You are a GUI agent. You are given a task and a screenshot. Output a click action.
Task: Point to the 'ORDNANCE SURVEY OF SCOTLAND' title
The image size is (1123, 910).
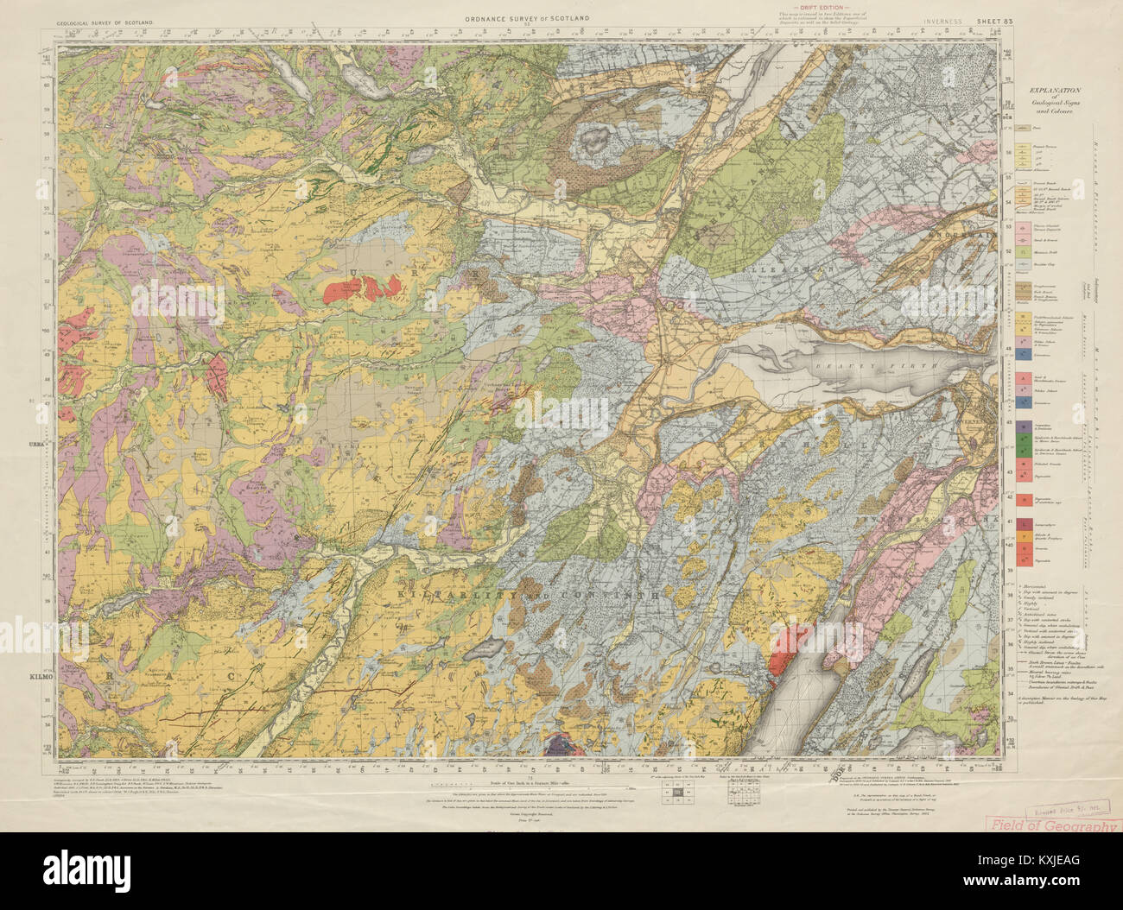526,17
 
